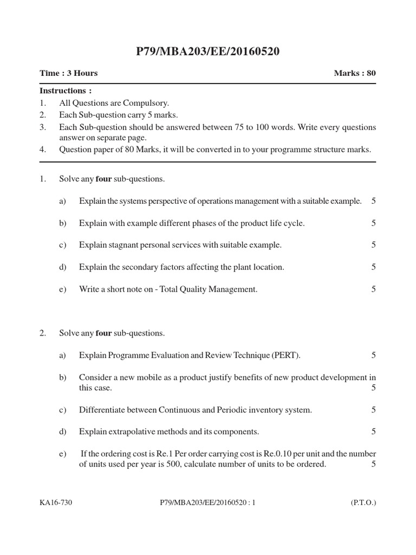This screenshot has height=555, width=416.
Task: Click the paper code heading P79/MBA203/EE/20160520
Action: (208, 52)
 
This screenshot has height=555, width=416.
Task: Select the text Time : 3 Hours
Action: (68, 73)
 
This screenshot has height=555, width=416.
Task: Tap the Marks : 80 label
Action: (355, 73)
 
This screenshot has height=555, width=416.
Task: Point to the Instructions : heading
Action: (66, 91)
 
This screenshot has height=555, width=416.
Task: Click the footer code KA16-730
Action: (56, 502)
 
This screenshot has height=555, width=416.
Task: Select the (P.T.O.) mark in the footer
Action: (363, 502)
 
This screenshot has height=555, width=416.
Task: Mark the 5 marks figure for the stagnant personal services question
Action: (373, 245)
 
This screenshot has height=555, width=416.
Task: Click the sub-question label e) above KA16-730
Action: (62, 454)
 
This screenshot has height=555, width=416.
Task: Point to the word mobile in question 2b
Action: (150, 377)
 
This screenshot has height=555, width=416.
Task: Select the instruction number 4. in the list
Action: (43, 150)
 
